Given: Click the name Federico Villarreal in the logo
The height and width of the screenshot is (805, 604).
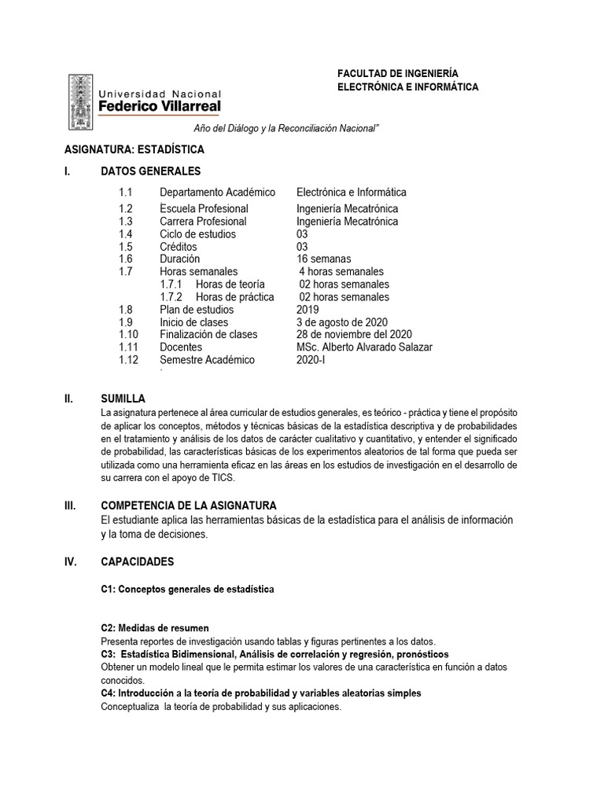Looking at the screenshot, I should [159, 105].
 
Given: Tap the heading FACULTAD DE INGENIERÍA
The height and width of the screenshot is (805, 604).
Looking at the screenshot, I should [398, 72].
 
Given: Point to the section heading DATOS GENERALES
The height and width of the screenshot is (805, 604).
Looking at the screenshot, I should [151, 171].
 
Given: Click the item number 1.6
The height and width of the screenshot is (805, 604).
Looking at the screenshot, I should [127, 259].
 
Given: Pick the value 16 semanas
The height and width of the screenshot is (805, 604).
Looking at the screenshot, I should [324, 259].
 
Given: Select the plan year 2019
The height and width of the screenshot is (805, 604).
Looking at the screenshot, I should [309, 310].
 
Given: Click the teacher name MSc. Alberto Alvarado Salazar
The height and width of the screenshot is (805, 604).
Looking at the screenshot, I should [364, 347].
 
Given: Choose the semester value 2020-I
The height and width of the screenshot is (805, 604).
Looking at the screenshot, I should [311, 360].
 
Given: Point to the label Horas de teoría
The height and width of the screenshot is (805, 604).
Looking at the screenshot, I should [230, 284].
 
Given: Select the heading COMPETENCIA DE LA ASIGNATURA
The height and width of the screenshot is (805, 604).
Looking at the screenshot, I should [189, 505].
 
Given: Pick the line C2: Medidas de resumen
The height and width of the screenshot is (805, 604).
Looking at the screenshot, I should [155, 628].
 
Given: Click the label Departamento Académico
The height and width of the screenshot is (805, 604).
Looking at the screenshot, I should [217, 192].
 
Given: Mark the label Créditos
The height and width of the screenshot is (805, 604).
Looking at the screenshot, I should [178, 246].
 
